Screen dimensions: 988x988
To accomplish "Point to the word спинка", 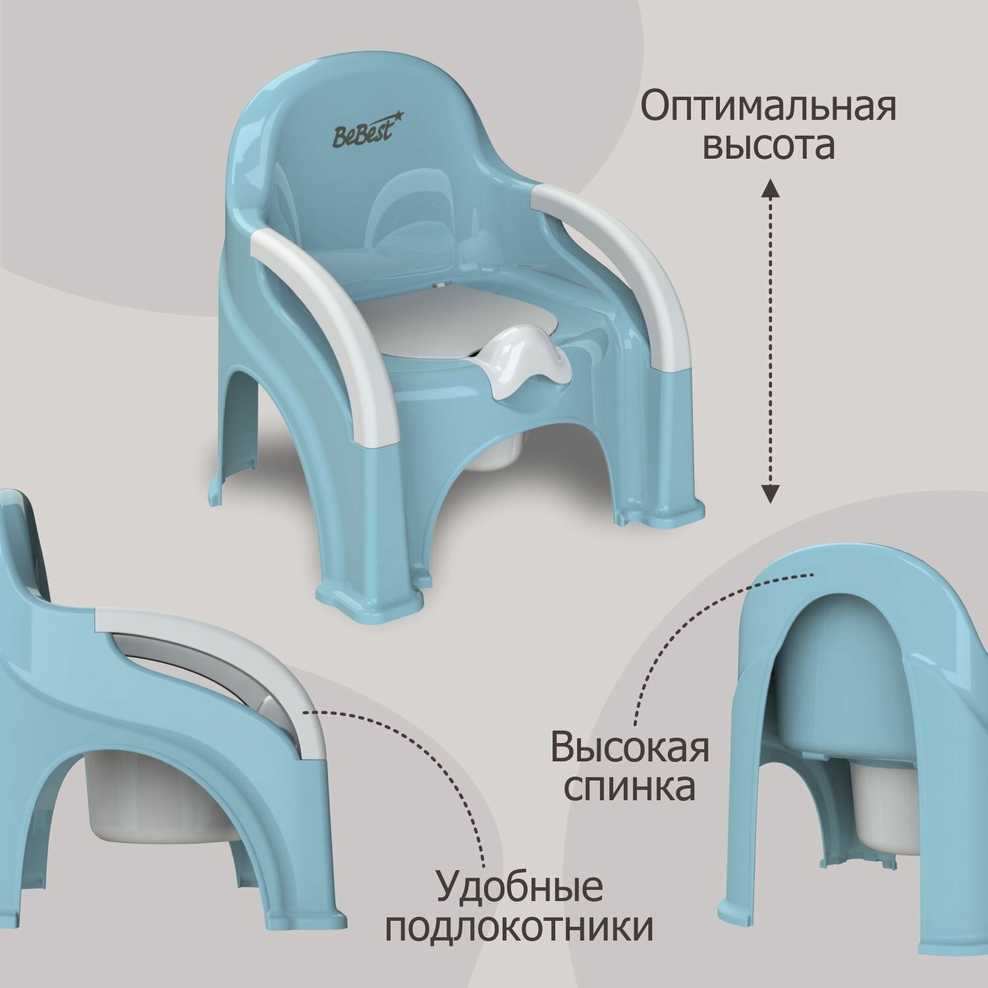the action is pos(630,788).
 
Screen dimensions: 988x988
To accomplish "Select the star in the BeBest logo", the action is pos(398,118).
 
